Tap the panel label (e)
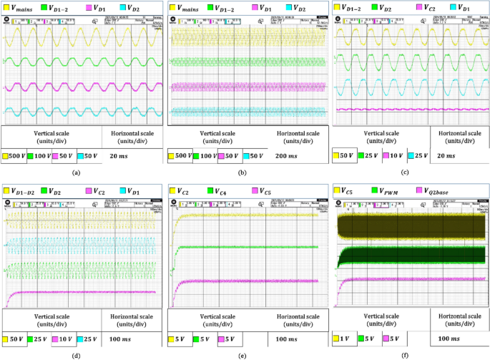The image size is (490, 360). [245, 352]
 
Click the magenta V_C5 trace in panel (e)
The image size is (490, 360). [250, 281]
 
